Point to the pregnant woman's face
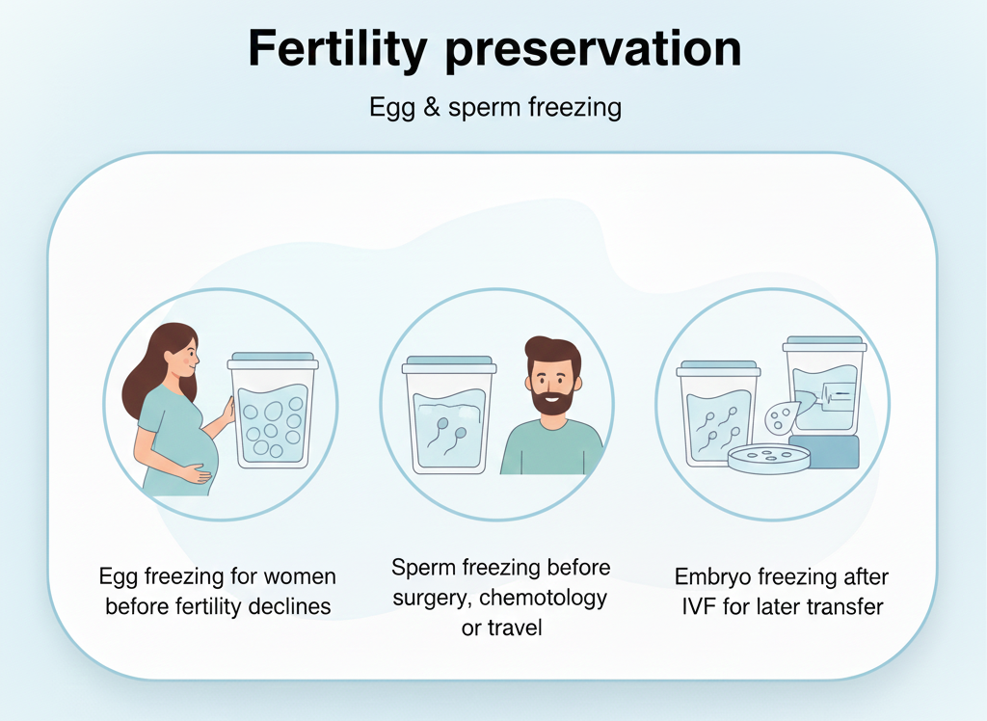(x=182, y=358)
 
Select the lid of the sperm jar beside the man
(x=450, y=364)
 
